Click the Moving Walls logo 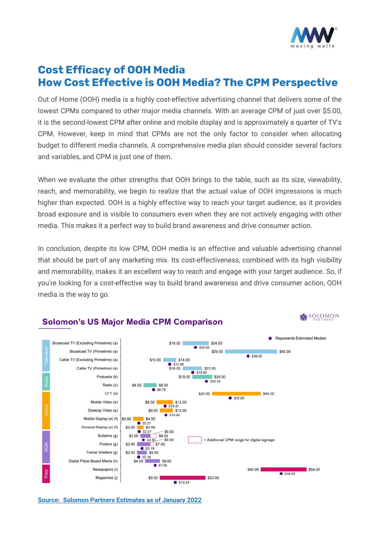[x=313, y=37]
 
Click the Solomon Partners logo [x=319, y=317]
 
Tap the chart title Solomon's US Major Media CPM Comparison [x=132, y=322]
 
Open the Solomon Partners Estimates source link [x=119, y=500]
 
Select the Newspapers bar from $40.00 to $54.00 [x=283, y=469]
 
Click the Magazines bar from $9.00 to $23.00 [x=183, y=478]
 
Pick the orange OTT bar [x=236, y=394]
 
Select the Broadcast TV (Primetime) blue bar [x=251, y=351]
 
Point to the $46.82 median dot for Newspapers [x=281, y=474]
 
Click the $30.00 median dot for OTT [x=230, y=398]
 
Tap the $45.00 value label [x=285, y=351]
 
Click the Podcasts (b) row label [x=107, y=377]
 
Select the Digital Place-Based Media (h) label [x=93, y=461]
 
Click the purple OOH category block [x=46, y=447]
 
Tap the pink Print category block [x=46, y=474]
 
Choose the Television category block [x=46, y=355]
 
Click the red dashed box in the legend [x=195, y=440]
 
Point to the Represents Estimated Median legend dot [x=270, y=338]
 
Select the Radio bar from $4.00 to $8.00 [x=150, y=385]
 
